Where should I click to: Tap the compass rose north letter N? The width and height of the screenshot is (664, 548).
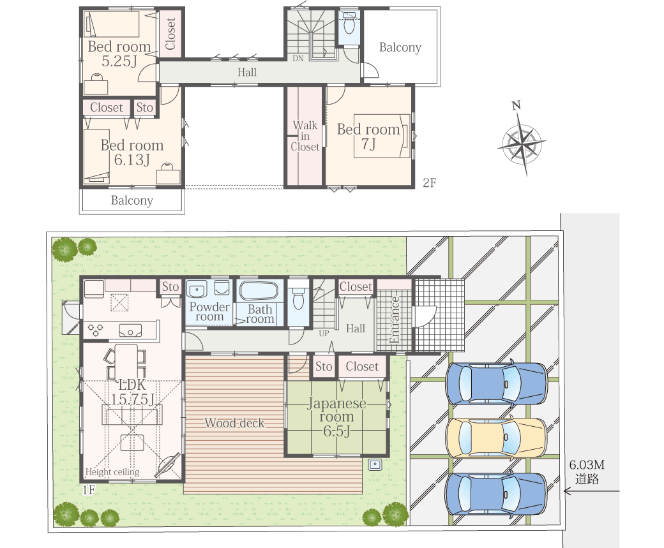click(516, 105)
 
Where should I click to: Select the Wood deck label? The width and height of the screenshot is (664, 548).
click(234, 423)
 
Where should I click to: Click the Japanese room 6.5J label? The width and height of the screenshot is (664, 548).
click(336, 417)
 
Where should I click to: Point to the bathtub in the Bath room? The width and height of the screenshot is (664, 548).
click(259, 291)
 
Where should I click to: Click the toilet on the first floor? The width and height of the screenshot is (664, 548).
click(299, 299)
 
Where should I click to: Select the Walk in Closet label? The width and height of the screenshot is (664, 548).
click(305, 136)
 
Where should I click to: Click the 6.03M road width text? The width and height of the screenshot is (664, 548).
click(587, 464)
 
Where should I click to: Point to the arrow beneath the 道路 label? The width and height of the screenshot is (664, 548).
click(591, 491)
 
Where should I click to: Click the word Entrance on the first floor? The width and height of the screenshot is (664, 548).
click(395, 320)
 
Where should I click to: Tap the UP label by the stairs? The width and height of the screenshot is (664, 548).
click(324, 334)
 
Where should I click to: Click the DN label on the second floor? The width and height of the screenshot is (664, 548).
click(298, 59)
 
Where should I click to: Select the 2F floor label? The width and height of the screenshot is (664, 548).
click(430, 182)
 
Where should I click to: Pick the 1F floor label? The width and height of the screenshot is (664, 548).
click(89, 489)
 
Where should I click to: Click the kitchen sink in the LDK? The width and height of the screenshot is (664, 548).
click(130, 330)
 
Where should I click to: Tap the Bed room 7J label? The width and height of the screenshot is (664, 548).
click(368, 137)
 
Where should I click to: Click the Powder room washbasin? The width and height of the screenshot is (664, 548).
click(197, 291)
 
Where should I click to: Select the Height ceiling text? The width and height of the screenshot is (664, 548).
click(112, 472)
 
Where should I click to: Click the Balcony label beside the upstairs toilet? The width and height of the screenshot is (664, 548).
click(400, 47)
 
